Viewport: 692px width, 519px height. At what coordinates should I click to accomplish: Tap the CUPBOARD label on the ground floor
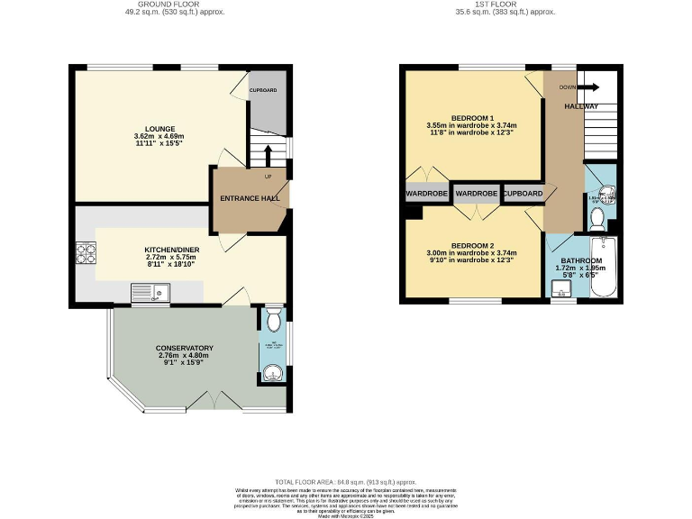263,90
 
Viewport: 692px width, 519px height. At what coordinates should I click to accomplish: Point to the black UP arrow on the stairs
268,156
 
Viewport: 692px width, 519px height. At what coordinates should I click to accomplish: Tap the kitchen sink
150,292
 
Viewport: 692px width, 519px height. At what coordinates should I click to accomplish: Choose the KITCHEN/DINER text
171,250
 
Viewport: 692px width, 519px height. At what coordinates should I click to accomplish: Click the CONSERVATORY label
184,348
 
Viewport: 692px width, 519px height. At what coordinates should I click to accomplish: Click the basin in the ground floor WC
273,369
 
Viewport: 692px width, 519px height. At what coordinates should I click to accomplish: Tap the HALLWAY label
581,106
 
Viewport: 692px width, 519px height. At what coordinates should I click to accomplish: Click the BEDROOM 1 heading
472,118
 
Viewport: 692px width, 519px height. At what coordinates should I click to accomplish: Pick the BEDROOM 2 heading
472,245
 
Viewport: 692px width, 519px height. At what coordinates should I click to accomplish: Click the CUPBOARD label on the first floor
523,194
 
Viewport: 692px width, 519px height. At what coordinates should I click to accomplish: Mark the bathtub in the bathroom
601,267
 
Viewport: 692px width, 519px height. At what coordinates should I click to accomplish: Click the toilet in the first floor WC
596,217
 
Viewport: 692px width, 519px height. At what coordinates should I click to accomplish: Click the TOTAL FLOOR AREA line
346,483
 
